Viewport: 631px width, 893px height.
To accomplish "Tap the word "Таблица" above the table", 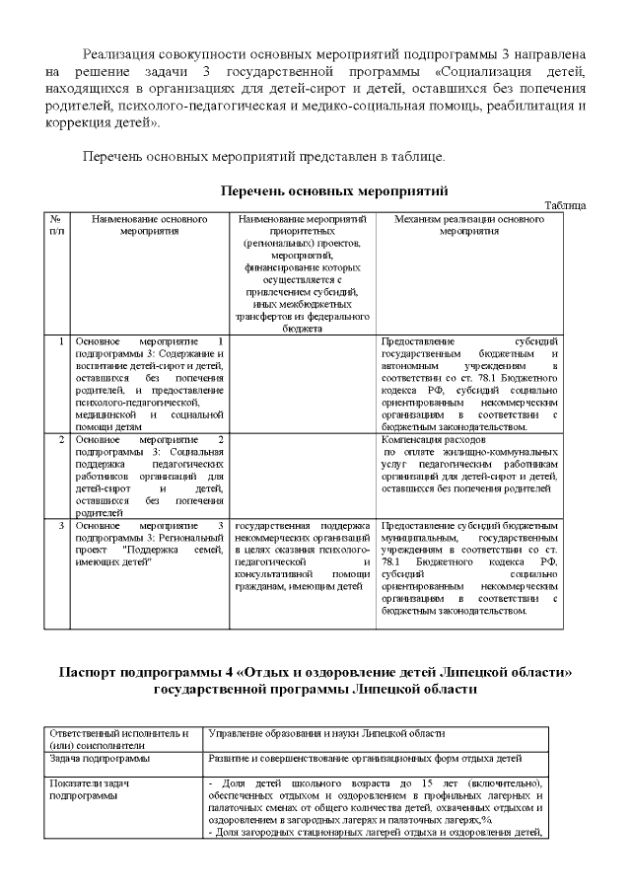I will [566, 204].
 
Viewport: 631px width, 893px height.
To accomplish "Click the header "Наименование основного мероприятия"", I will [149, 224].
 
